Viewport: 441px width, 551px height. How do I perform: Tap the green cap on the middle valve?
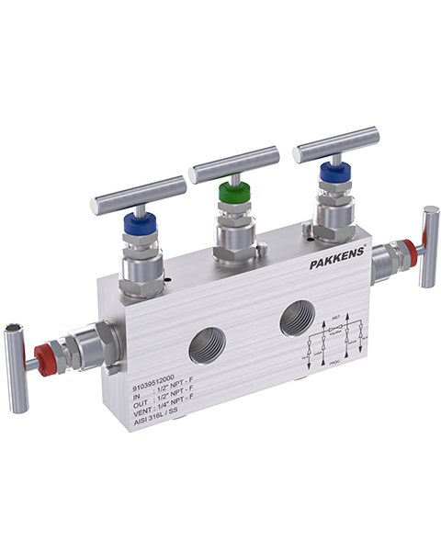point(232,194)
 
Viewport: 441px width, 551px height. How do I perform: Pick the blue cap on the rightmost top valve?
point(330,171)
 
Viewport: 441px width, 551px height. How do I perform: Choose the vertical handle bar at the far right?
point(429,245)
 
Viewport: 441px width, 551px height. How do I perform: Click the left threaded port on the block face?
point(205,346)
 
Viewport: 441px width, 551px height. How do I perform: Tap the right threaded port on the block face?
point(297,317)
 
